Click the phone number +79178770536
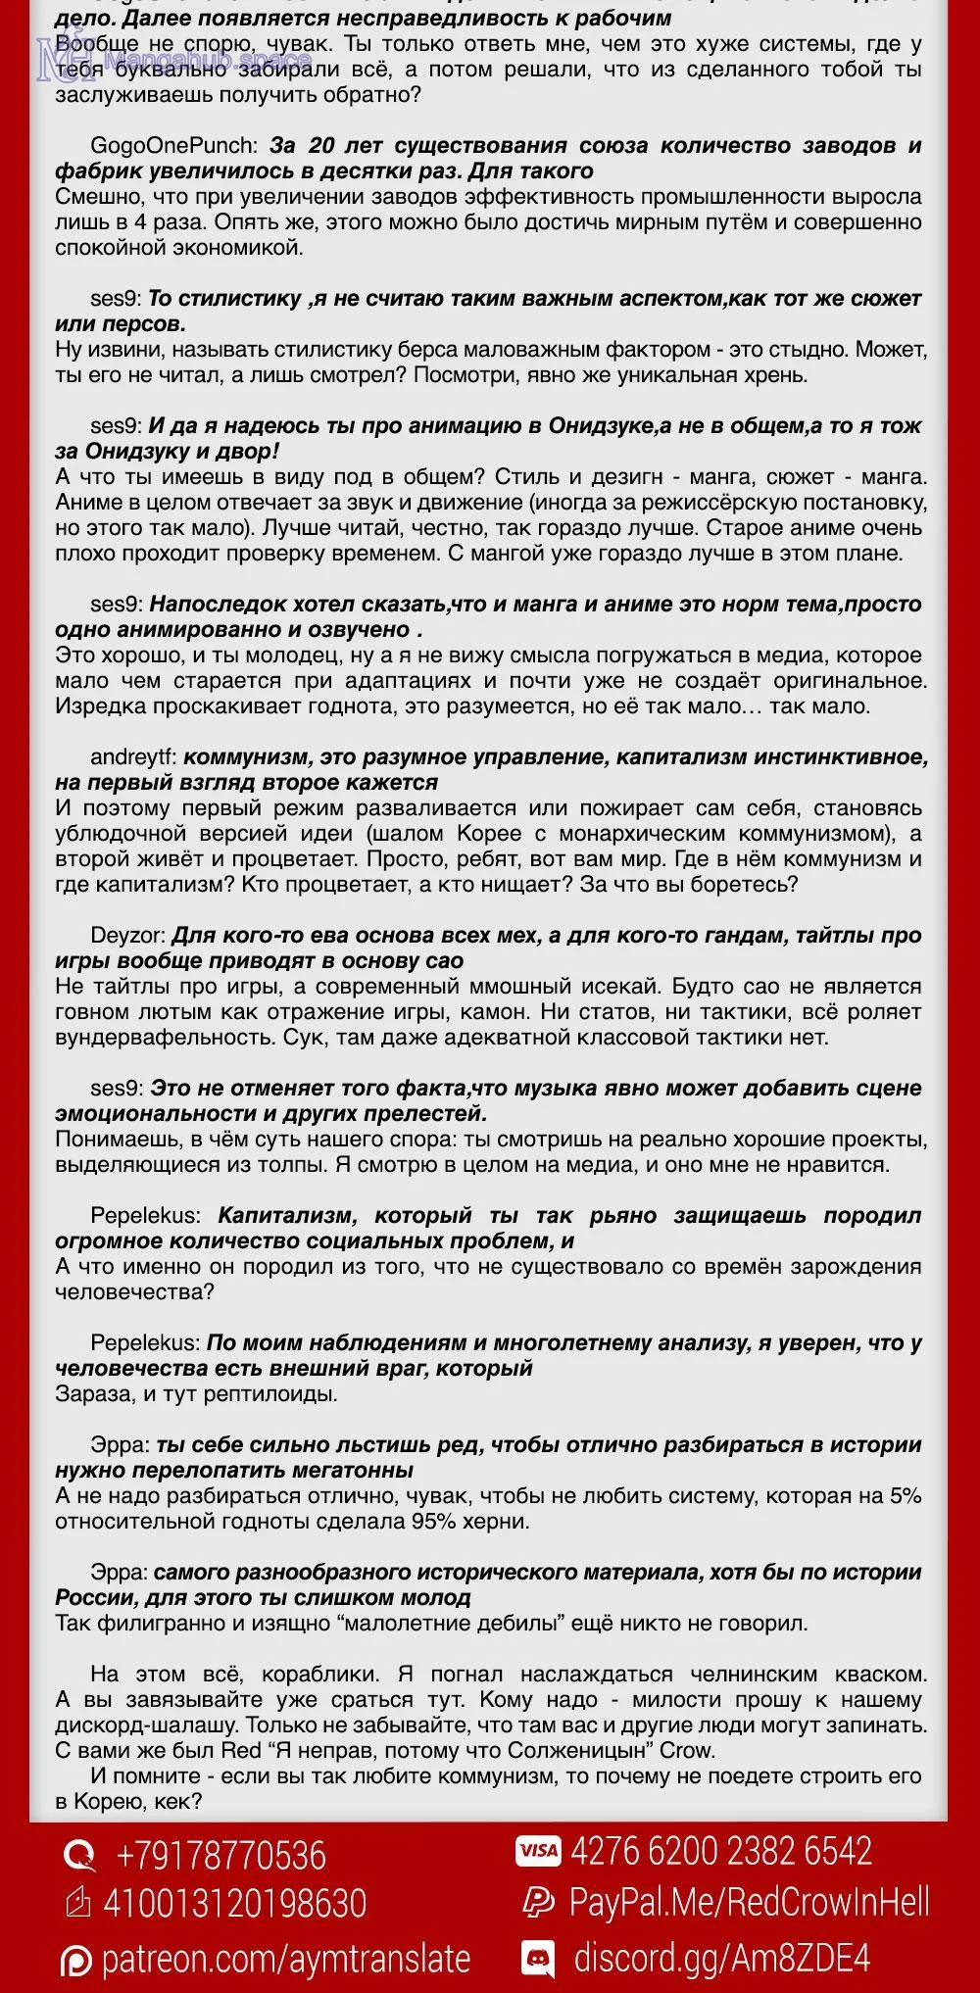pos(220,1856)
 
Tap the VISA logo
pos(538,1851)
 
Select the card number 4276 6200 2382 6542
pos(720,1851)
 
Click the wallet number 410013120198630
pos(234,1903)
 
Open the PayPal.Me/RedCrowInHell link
pos(749,1903)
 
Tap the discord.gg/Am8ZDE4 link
pos(721,1957)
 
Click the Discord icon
pos(537,1957)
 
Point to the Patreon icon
pos(76,1960)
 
